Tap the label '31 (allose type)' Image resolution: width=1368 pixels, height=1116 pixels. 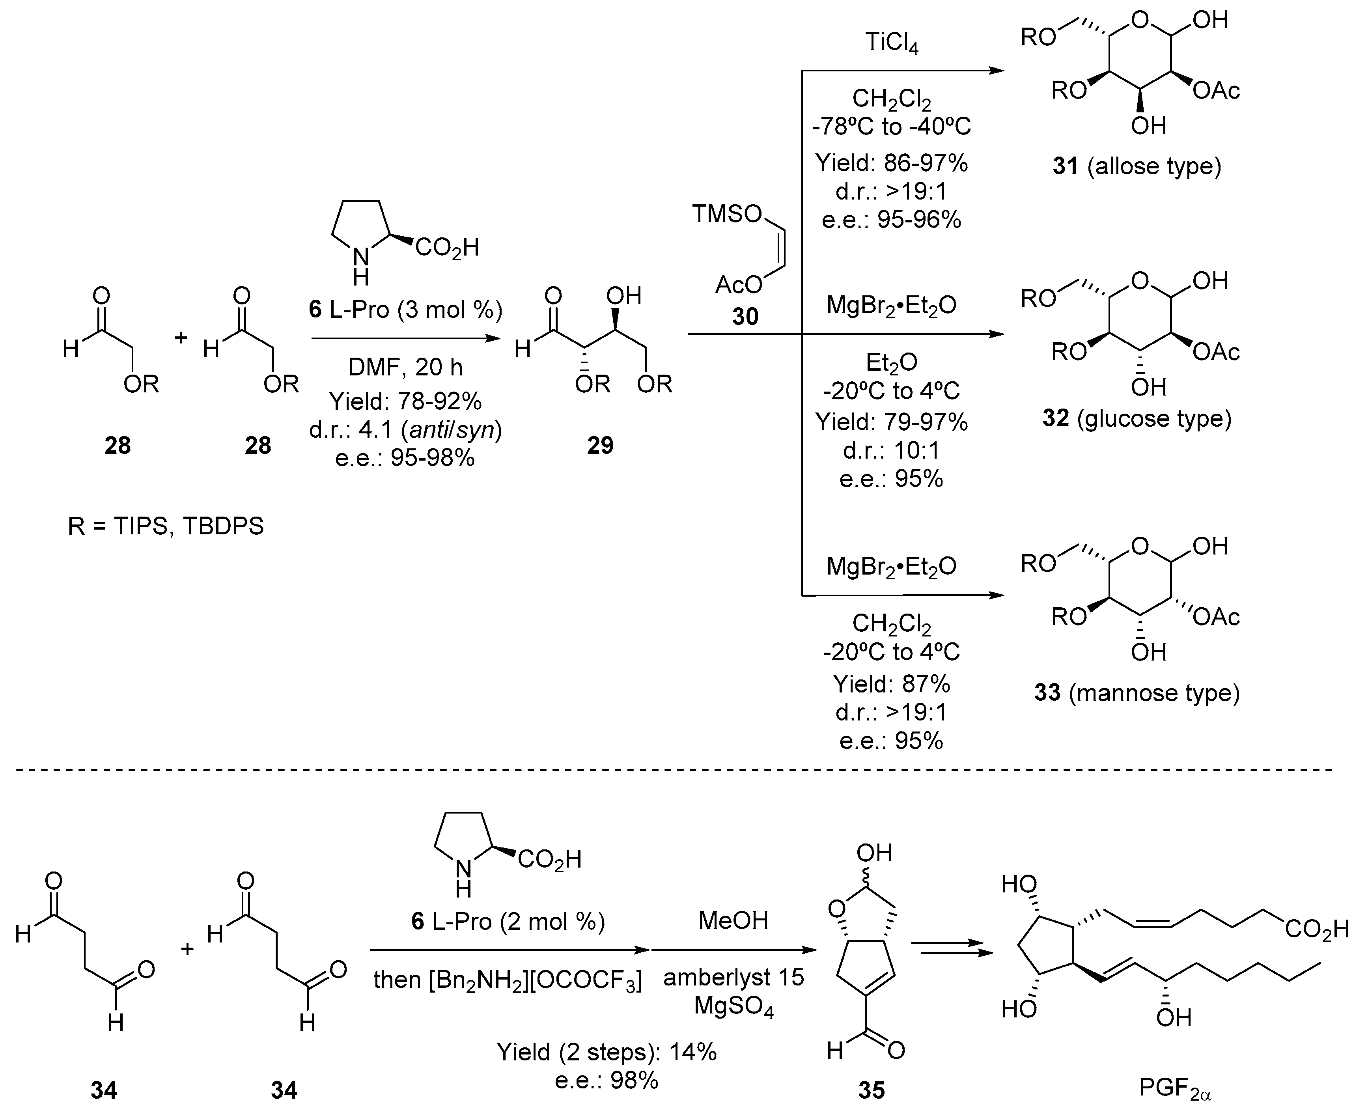(x=1136, y=166)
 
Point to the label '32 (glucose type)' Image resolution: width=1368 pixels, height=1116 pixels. (x=1136, y=418)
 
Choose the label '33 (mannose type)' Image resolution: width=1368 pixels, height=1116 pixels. (x=1136, y=692)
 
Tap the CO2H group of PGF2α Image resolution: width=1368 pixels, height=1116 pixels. (x=1317, y=929)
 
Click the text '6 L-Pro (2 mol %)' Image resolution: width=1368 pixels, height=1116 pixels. (x=508, y=922)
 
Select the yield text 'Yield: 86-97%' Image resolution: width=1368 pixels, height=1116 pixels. (x=892, y=163)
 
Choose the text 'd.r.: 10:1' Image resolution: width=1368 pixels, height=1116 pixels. (x=892, y=451)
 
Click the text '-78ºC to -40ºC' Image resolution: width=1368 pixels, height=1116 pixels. (x=892, y=127)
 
